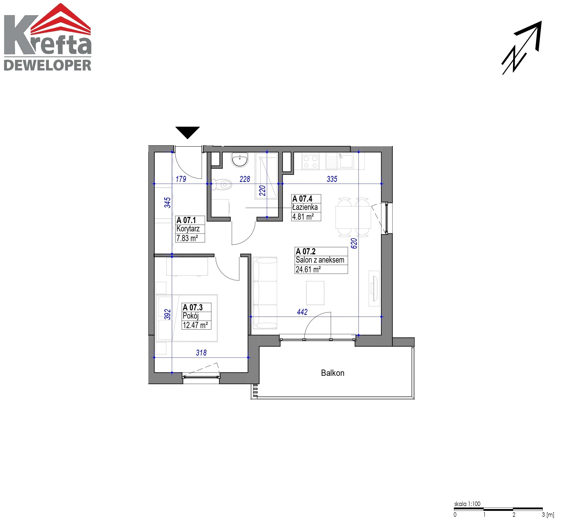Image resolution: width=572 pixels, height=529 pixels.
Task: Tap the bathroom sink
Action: (240, 159)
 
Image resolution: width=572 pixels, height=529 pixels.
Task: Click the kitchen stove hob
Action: (310, 162)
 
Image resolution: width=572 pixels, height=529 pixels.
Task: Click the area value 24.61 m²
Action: (308, 269)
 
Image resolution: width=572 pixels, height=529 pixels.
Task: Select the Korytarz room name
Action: (188, 229)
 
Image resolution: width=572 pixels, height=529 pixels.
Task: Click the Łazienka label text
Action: (305, 207)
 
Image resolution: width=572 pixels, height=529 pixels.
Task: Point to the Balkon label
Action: (333, 373)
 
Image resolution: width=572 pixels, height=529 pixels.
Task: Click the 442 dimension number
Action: (302, 312)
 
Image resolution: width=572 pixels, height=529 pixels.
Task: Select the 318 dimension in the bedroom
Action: (201, 353)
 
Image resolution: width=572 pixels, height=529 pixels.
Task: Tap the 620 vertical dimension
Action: (354, 243)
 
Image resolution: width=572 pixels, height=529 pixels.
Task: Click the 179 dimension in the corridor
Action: (181, 179)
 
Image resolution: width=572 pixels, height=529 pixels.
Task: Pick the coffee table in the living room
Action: (315, 293)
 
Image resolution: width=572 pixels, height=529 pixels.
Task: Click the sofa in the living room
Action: (265, 293)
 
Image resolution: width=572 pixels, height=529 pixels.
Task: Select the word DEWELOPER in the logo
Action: (47, 65)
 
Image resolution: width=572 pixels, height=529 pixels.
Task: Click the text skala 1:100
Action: (467, 504)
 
